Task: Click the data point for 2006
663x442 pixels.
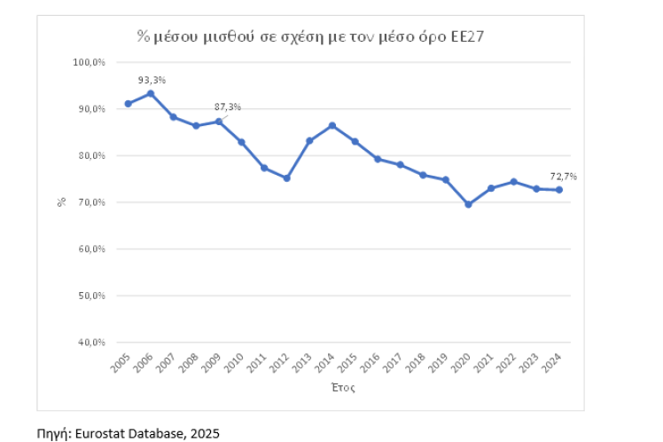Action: click(151, 93)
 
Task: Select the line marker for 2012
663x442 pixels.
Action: click(286, 178)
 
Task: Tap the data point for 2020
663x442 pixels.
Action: click(468, 204)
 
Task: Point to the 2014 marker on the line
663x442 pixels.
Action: click(331, 125)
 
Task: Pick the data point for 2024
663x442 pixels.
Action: click(559, 190)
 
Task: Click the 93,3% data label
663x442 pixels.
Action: click(152, 80)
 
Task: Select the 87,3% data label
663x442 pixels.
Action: click(228, 107)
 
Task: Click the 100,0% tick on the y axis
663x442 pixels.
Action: click(89, 62)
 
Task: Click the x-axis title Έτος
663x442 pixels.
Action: click(345, 388)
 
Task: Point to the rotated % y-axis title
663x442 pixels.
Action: click(62, 201)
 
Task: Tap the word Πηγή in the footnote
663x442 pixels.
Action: click(51, 433)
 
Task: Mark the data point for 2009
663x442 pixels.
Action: click(219, 122)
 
